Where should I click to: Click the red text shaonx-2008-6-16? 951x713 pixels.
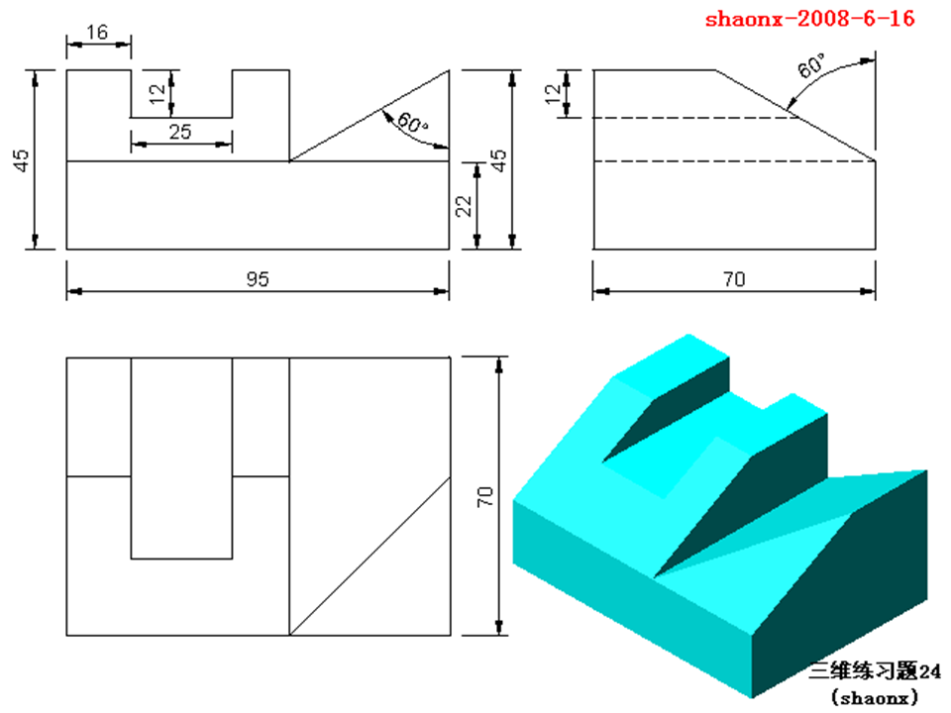809,19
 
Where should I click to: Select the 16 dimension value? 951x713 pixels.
97,33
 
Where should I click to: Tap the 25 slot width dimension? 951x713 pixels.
180,132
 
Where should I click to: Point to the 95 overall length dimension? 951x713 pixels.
258,280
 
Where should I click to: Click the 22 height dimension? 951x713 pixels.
464,204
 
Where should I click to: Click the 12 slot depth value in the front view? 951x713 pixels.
156,94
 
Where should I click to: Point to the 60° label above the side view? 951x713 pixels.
810,68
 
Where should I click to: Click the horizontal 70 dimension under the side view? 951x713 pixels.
734,280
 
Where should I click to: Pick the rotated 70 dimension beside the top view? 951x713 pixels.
484,496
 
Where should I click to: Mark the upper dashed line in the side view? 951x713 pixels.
693,118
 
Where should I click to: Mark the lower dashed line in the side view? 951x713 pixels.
733,160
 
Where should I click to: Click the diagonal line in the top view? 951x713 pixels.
369,556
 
